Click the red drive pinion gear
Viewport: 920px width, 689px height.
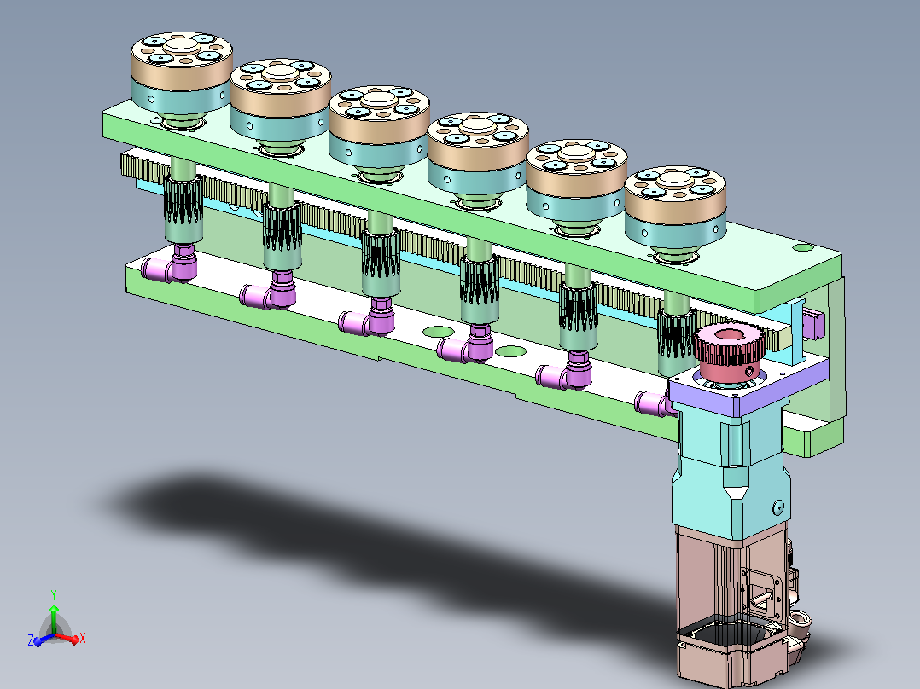[x=730, y=352]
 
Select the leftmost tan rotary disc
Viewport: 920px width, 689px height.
[x=181, y=61]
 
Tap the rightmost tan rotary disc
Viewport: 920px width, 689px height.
[x=675, y=194]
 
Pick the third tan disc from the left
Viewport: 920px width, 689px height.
[x=379, y=114]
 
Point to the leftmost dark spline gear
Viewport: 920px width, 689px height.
[x=183, y=200]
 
